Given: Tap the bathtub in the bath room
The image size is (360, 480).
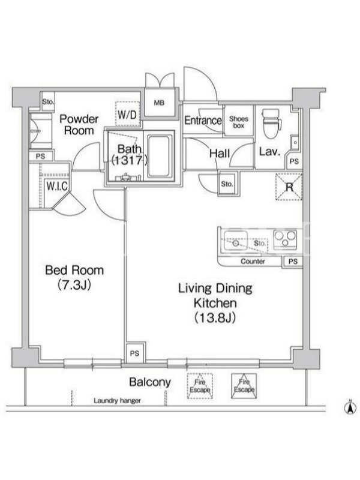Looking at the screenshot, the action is coord(159,156).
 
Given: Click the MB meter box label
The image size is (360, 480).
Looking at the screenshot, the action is coord(159,103).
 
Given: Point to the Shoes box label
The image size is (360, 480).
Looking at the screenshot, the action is coord(239,122).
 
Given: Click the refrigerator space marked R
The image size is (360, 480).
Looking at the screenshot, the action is coord(289,187).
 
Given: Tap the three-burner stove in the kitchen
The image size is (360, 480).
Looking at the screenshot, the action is coord(285,238).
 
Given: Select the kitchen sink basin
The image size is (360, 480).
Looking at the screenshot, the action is coord(235,241).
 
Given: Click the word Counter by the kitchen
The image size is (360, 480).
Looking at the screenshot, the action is coord(253,262).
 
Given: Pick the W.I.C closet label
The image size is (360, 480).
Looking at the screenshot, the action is coord(56,186).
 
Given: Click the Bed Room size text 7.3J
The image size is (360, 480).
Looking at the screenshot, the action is coord(74,286).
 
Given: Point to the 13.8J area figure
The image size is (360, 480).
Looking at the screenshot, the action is coord(215,318).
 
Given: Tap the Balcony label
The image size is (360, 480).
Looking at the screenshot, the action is coord(150,382).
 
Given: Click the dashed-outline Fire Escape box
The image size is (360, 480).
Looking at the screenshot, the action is coord(200,386).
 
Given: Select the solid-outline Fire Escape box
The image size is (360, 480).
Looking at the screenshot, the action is coord(244,386).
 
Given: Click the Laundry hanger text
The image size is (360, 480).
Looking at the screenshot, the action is coord(117,400).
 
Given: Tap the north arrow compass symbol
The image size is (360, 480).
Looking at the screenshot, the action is coord(350,407).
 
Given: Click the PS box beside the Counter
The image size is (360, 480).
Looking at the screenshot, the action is coord(293,262).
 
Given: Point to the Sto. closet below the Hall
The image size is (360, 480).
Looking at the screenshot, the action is coord(227,184).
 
